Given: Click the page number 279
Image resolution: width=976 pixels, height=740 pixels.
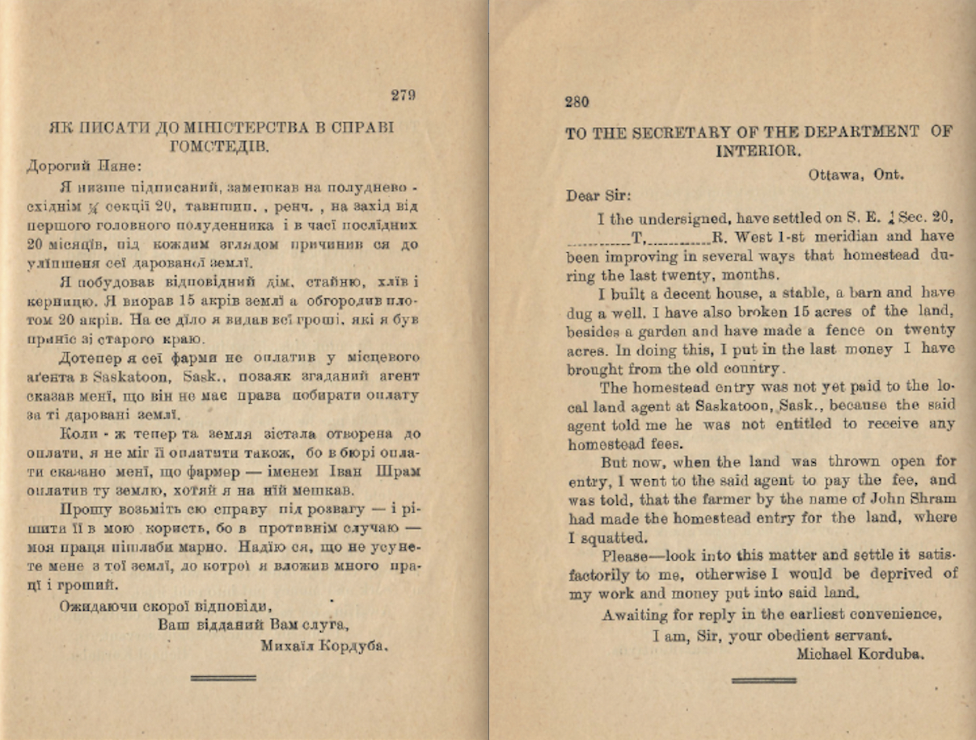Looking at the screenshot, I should [403, 95].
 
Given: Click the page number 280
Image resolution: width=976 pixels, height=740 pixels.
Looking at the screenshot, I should [577, 102].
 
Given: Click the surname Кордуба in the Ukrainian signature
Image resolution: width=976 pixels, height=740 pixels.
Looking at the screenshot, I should [356, 645].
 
